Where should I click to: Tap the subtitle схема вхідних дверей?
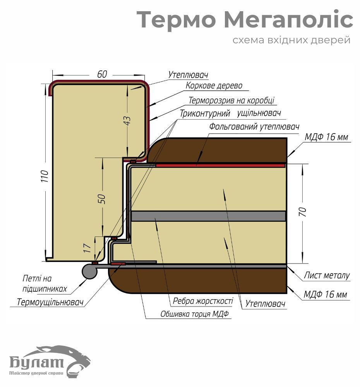pyautogui.click(x=291, y=40)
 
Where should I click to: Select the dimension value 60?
pyautogui.click(x=102, y=74)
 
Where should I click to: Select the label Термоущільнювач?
pyautogui.click(x=51, y=302)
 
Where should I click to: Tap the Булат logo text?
pyautogui.click(x=37, y=363)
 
